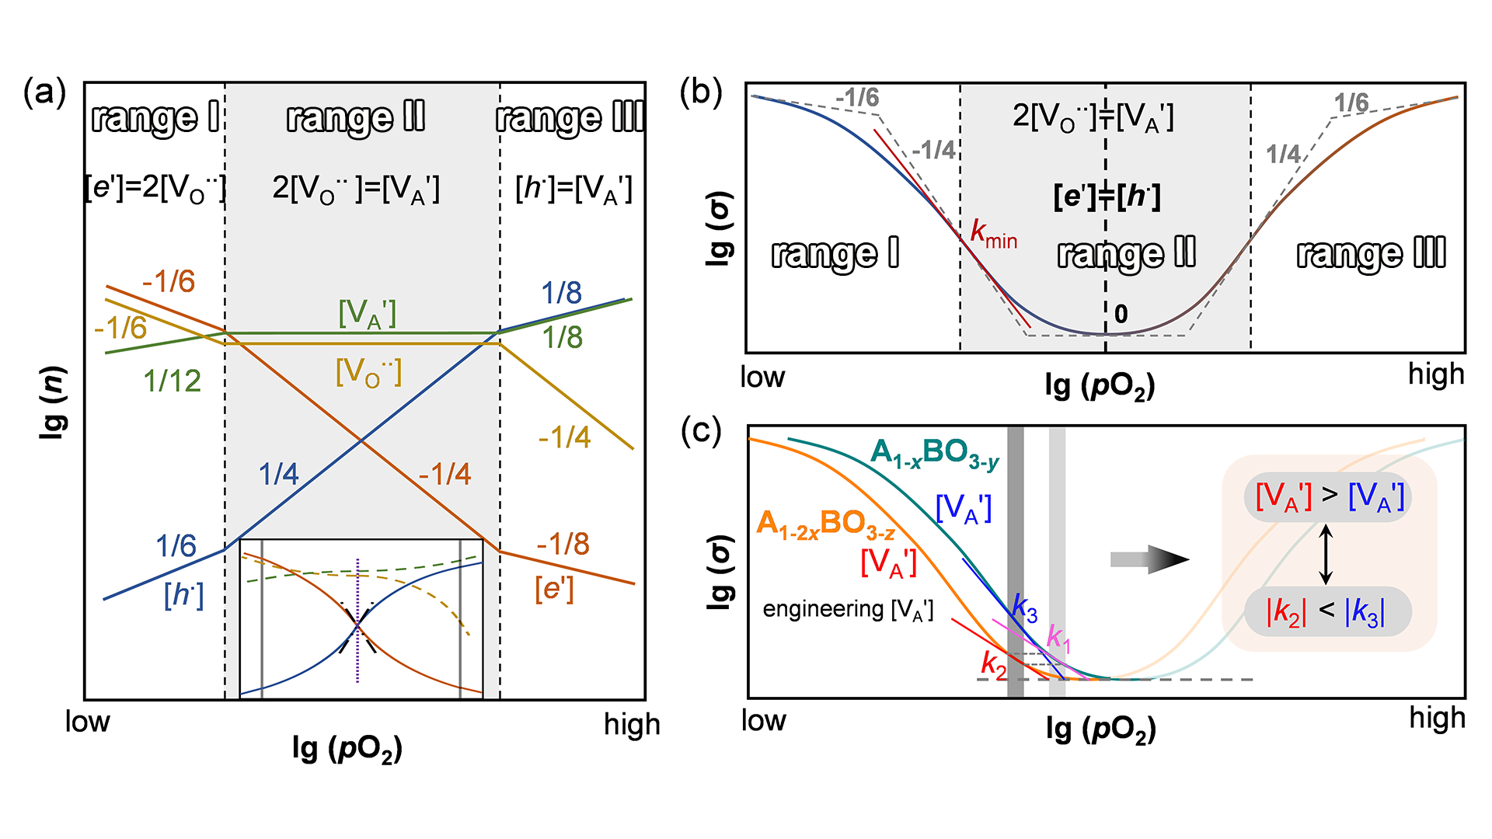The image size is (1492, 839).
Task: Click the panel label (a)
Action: click(x=44, y=92)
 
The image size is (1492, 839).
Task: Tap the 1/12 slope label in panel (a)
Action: click(x=173, y=381)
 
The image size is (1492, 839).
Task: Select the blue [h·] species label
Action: click(x=184, y=595)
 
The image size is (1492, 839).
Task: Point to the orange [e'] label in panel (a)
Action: click(x=554, y=589)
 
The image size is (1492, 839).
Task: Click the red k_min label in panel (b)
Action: click(x=994, y=233)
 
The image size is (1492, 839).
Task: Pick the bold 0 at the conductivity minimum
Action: click(x=1121, y=314)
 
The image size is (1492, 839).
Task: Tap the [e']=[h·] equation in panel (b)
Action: click(x=1107, y=196)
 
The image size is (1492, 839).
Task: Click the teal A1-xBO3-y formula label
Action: click(x=935, y=454)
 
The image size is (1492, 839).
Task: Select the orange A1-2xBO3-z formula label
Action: click(x=825, y=525)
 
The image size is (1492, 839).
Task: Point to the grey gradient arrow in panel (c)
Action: click(x=1149, y=559)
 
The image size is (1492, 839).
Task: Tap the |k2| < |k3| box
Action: click(x=1327, y=612)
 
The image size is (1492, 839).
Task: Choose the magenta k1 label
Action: click(x=1058, y=638)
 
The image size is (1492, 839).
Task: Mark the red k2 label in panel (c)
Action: click(x=993, y=663)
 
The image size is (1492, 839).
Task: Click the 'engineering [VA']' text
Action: click(x=848, y=609)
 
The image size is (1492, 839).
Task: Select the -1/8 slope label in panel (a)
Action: click(x=563, y=544)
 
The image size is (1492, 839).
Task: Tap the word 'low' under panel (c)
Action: click(x=763, y=721)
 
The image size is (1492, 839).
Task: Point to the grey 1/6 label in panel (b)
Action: click(x=1351, y=103)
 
